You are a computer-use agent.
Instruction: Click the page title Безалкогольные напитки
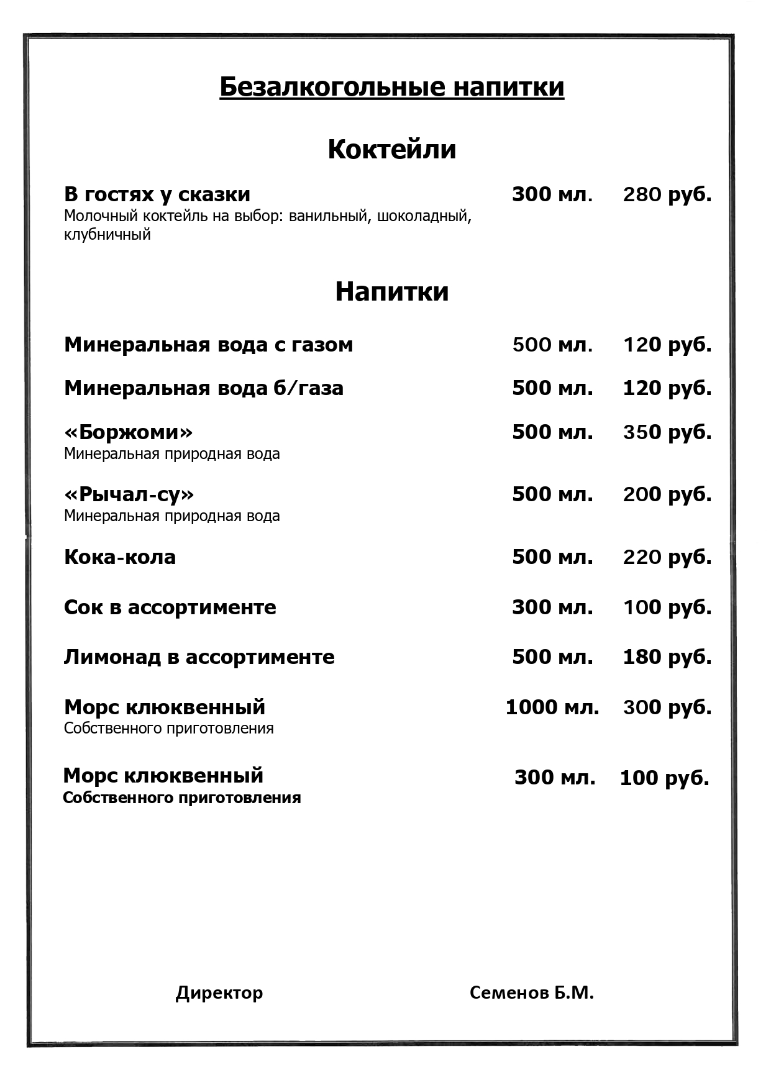(391, 87)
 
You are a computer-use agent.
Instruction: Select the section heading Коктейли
(391, 149)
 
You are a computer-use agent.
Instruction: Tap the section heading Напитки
(391, 291)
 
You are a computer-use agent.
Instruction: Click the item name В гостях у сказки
(157, 194)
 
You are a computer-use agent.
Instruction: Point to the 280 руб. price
(667, 194)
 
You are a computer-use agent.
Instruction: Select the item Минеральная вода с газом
(208, 344)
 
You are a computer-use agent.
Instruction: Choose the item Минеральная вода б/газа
(203, 388)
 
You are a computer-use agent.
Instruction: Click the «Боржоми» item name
(128, 432)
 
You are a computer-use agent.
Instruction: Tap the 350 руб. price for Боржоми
(667, 432)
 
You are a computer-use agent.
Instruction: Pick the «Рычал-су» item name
(129, 494)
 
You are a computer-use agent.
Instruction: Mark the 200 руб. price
(667, 494)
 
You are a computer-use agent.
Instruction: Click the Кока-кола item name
(119, 556)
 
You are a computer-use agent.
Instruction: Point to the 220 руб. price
(667, 556)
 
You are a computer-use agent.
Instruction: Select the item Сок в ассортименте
(170, 607)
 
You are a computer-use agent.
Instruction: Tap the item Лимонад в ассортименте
(199, 656)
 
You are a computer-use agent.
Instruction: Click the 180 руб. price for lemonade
(667, 656)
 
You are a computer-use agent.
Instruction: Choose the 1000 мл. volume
(552, 707)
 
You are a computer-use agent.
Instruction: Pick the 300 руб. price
(667, 707)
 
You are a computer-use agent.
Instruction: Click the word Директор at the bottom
(219, 992)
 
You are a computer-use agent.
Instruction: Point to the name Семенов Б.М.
(531, 992)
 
